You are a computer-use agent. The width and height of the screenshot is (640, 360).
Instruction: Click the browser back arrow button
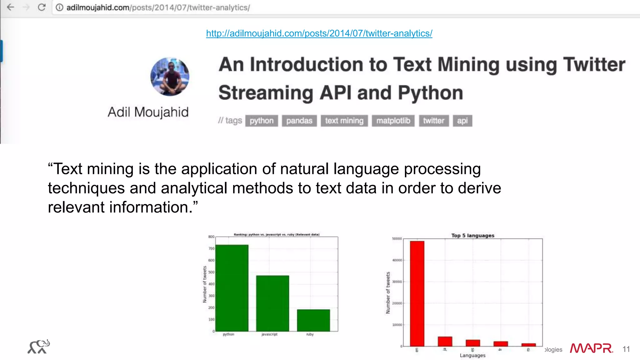click(x=11, y=7)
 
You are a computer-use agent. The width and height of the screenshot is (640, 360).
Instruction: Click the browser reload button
click(x=42, y=7)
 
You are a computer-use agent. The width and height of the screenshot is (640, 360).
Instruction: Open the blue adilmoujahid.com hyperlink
click(x=319, y=33)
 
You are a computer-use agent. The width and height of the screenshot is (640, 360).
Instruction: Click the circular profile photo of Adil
click(x=170, y=77)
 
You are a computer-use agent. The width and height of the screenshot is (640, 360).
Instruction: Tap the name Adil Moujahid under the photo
click(x=148, y=112)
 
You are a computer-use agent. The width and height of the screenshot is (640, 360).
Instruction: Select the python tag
click(x=262, y=121)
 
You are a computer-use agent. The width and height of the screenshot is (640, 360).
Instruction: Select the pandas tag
click(x=299, y=121)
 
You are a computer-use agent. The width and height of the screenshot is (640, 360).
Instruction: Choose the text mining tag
click(x=344, y=121)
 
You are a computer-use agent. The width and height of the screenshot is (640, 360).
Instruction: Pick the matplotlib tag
click(x=393, y=121)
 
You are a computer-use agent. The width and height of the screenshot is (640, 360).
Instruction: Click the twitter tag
click(x=433, y=121)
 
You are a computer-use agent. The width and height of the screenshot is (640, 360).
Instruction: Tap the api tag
click(x=462, y=121)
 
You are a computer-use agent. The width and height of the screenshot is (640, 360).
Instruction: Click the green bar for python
click(x=232, y=287)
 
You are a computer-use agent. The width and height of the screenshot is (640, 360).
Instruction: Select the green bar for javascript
click(x=272, y=303)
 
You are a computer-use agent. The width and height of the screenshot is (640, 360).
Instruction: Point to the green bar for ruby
click(x=313, y=320)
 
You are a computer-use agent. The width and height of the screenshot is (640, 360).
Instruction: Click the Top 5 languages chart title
click(x=472, y=235)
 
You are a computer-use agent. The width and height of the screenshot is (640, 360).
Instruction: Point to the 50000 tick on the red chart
click(x=397, y=239)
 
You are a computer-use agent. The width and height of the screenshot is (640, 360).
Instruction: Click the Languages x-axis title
click(x=472, y=355)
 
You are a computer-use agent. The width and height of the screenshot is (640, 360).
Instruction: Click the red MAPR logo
click(x=591, y=348)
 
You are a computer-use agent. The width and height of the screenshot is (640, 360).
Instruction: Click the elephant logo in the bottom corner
click(x=39, y=347)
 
